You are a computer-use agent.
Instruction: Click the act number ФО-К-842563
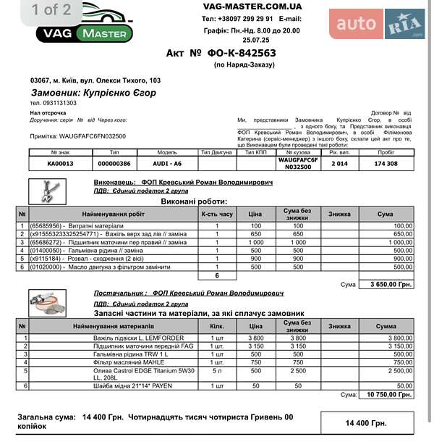221,53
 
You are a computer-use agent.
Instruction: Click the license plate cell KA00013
61,164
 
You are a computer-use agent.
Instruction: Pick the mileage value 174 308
386,164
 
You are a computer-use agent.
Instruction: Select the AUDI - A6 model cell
167,164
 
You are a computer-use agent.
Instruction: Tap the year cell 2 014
339,164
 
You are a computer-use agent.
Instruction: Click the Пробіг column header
386,152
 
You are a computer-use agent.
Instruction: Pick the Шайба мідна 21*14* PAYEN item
132,386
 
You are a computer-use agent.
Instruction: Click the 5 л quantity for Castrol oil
216,370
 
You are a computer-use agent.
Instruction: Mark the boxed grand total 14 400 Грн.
365,422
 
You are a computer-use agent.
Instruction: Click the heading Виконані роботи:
193,201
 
